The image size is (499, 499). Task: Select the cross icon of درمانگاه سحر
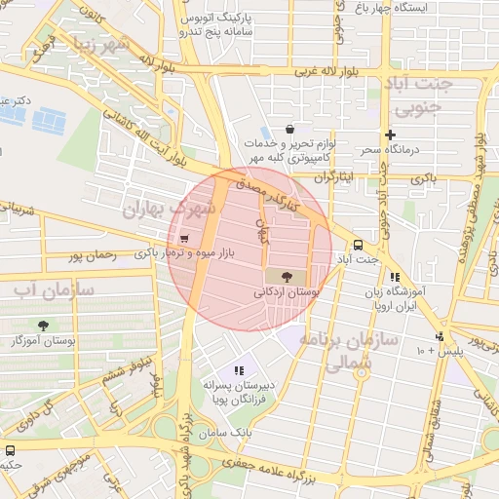tap(391, 134)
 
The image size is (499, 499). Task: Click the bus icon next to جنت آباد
tap(358, 246)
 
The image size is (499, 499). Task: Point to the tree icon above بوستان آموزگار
tap(43, 326)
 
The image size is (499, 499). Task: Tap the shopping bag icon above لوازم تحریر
tap(289, 129)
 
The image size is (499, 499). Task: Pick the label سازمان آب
tap(54, 289)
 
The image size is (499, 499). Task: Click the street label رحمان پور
tap(92, 256)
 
